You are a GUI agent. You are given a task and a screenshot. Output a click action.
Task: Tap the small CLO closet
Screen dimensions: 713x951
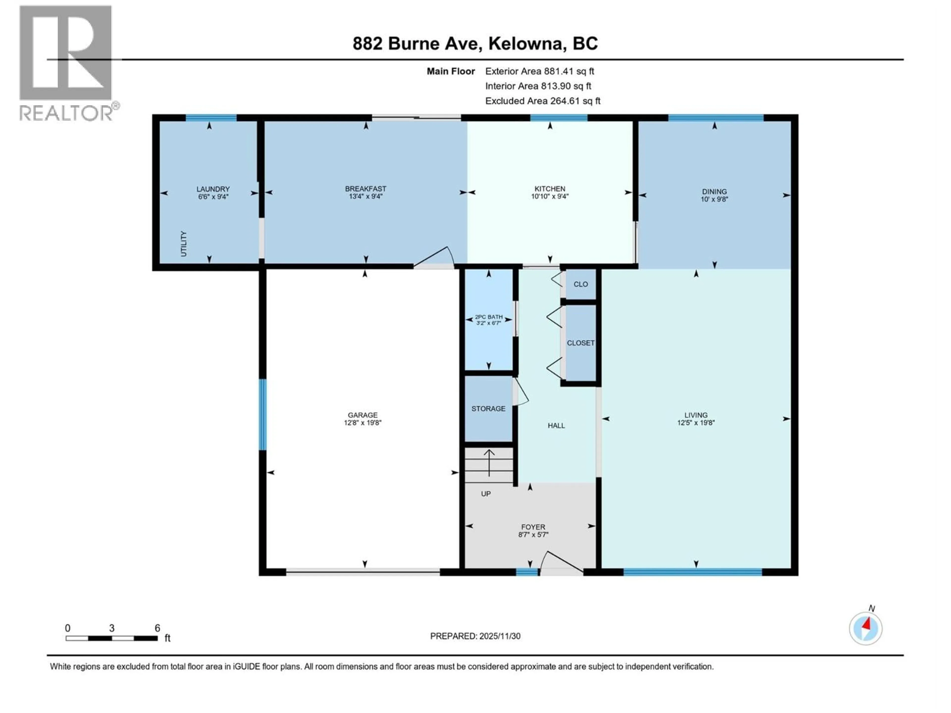581,284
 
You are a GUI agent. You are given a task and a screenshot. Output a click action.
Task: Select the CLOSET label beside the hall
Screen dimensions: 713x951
581,343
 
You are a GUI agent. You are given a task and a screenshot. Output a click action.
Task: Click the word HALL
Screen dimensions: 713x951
556,426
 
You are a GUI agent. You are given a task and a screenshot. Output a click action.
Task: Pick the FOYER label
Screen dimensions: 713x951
533,527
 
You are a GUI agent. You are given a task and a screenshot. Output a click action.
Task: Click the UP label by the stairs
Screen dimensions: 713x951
485,494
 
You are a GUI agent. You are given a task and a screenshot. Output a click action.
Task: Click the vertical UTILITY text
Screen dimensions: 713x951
184,244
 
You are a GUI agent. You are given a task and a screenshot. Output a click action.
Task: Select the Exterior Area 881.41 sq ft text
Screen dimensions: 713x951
540,71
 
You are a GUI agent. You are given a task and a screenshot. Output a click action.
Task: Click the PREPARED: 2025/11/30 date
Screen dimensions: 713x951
475,636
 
